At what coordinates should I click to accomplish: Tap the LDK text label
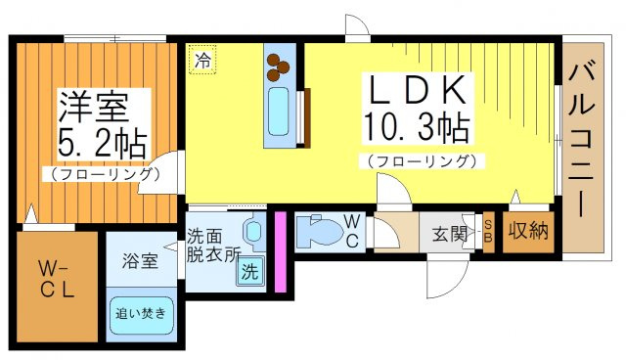pos(416,90)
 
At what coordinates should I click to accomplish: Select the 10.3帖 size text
pos(416,127)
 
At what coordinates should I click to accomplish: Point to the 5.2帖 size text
pos(97,143)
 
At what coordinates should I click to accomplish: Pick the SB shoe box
pos(488,232)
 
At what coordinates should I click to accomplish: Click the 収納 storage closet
pos(527,232)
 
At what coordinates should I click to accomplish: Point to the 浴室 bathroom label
pos(140,261)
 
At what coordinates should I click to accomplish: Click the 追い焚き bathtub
pos(141,314)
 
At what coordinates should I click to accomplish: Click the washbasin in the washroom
pos(253,232)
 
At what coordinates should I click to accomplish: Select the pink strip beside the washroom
pos(279,251)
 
